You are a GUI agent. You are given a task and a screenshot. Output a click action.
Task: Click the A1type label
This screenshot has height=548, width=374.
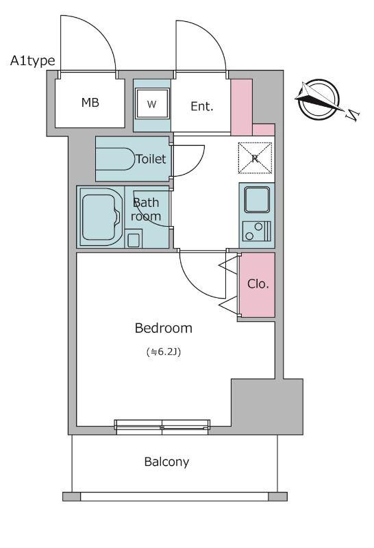(x=32, y=61)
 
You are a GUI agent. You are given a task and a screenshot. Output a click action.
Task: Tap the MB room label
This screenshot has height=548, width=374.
(x=90, y=102)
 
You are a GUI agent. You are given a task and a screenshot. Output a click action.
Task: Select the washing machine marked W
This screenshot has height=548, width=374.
(x=152, y=103)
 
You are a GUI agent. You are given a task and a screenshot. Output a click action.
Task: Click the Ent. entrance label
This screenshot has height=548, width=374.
(x=201, y=106)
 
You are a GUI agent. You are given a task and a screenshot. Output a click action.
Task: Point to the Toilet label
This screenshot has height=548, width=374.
(x=151, y=159)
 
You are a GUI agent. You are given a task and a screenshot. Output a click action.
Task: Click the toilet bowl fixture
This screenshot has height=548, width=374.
(x=115, y=159)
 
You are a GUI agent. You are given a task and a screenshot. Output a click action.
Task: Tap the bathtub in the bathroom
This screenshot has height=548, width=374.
(x=101, y=217)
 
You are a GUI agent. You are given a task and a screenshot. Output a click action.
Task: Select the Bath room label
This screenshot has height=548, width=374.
(x=146, y=210)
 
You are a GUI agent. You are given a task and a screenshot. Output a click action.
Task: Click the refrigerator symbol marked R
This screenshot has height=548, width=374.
(x=255, y=158)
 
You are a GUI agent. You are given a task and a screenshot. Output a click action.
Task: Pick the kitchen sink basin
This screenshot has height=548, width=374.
(x=257, y=199)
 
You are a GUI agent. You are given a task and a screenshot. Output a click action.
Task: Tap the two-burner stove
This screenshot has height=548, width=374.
(x=257, y=231)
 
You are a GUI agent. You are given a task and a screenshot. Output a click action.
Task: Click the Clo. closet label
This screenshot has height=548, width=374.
(x=258, y=284)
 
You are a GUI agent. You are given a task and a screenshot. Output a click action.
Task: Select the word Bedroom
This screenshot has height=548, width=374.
(x=164, y=328)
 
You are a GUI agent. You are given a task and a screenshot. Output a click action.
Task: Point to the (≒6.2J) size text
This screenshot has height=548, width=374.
(x=164, y=351)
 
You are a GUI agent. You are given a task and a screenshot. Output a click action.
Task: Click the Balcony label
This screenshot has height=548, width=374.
(x=166, y=462)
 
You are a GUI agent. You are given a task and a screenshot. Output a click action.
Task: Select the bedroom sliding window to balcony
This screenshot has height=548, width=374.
(x=162, y=427)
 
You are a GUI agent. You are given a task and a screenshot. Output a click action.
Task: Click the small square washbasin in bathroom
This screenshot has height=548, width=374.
(x=133, y=239)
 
